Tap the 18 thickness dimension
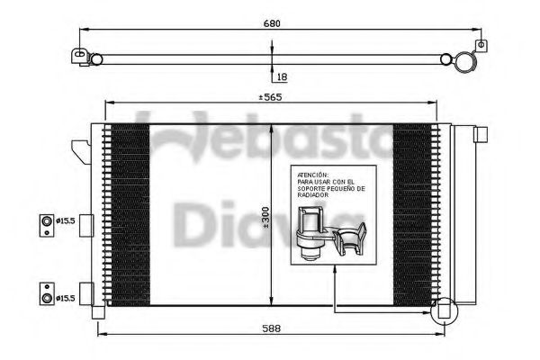tap(281, 77)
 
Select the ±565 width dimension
tap(270, 97)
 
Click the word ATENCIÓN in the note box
tap(311, 175)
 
